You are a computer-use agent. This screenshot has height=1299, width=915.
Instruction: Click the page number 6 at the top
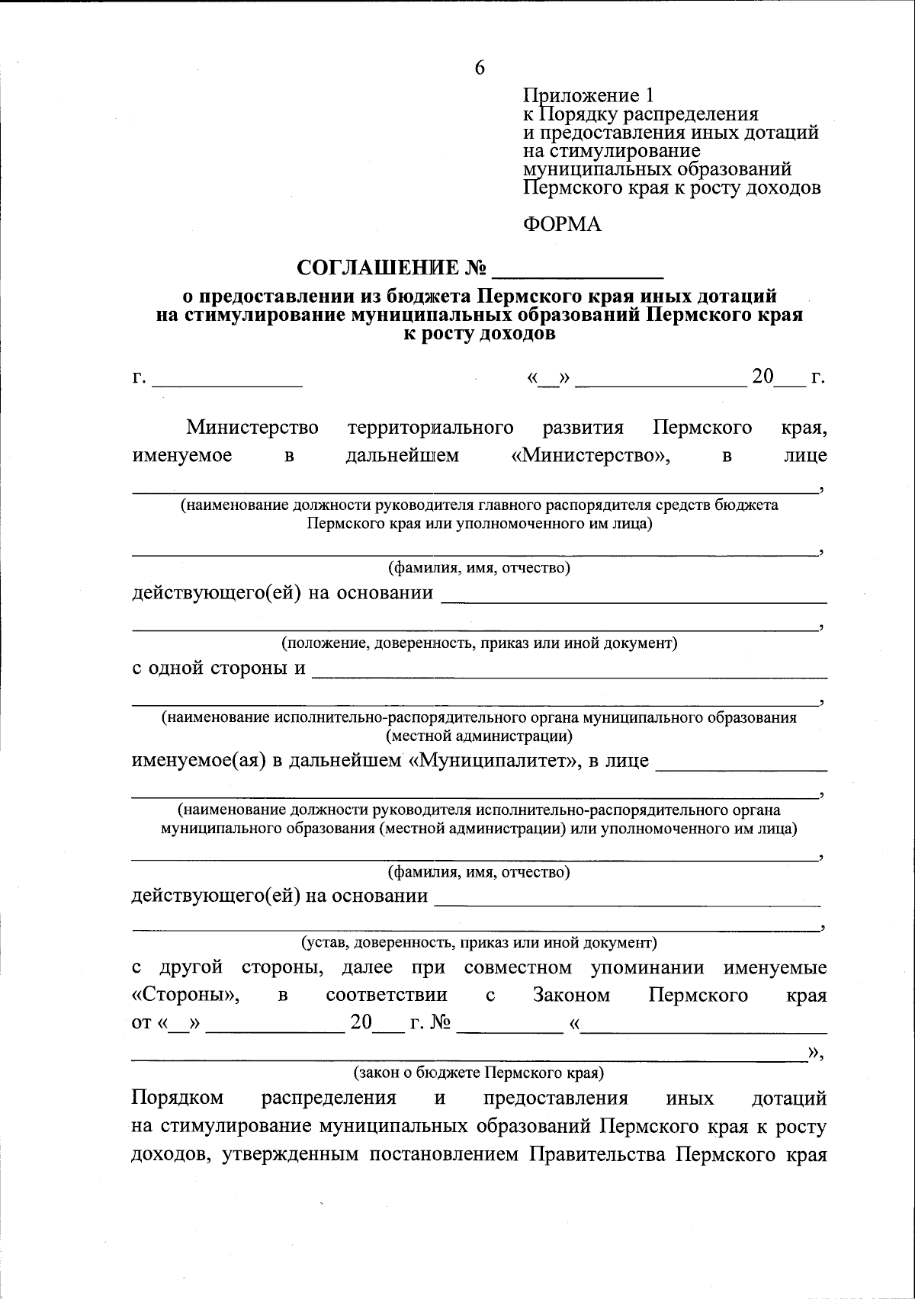click(x=480, y=68)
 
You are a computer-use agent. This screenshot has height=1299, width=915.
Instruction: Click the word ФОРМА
click(x=562, y=224)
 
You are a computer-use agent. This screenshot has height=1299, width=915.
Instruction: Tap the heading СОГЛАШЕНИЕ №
click(x=392, y=268)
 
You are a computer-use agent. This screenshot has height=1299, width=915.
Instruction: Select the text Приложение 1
click(x=588, y=96)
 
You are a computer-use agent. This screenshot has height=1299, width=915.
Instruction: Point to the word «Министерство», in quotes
click(x=591, y=456)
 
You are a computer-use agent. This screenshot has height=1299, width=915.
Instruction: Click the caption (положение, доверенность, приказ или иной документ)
click(x=480, y=643)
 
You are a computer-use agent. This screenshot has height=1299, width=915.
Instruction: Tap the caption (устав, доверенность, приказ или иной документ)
click(x=480, y=942)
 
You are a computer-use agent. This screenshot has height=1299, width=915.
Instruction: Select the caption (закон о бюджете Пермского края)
click(x=478, y=1073)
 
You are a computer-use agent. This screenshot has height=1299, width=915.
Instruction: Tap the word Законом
click(x=571, y=996)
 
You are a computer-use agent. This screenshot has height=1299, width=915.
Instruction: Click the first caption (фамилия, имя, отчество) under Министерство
click(x=480, y=568)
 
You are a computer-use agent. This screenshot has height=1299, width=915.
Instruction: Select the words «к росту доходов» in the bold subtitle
click(x=479, y=333)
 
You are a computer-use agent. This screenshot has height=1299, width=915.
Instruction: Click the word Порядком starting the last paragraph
click(x=178, y=1099)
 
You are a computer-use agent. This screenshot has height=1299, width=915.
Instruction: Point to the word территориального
click(x=430, y=428)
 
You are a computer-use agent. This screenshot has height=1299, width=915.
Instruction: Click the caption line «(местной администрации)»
click(x=480, y=736)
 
